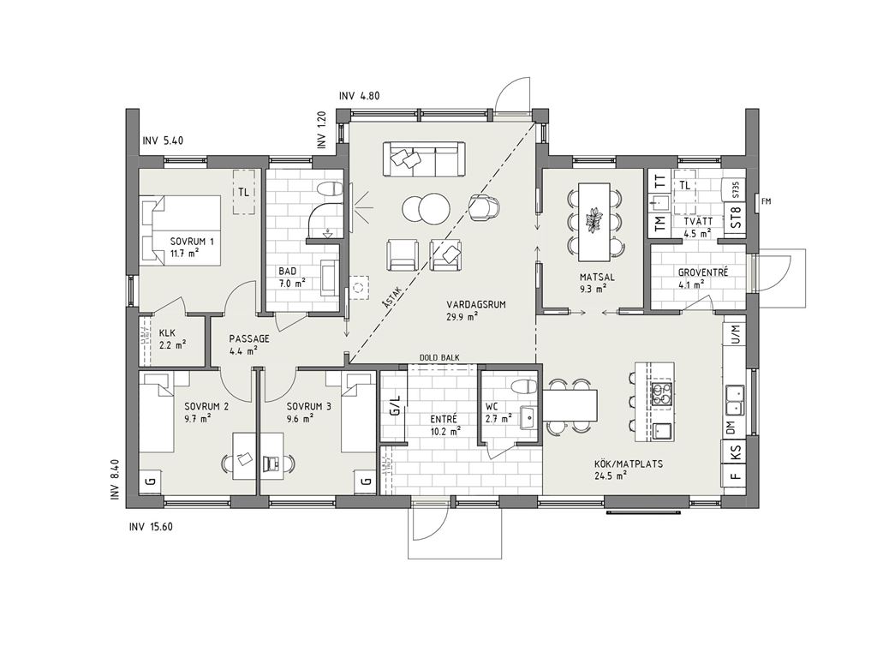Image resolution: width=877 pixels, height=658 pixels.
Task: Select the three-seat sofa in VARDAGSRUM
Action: click(x=423, y=159)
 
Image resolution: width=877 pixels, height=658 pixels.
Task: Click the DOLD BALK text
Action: click(x=439, y=357)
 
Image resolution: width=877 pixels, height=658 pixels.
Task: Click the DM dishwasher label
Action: click(x=731, y=428)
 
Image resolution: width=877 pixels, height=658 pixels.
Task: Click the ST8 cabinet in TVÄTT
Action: click(x=736, y=219)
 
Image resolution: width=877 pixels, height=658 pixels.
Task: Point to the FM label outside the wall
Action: click(x=767, y=201)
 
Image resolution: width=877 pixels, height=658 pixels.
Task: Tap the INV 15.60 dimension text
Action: click(x=151, y=527)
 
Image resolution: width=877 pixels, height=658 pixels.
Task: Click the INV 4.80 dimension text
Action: click(x=359, y=96)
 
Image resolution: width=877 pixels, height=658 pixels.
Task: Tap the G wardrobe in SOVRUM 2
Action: click(x=149, y=481)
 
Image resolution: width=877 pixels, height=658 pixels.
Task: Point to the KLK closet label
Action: click(x=167, y=333)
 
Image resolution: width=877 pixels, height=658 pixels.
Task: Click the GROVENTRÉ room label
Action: click(x=703, y=273)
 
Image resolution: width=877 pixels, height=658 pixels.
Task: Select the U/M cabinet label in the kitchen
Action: click(x=736, y=334)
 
